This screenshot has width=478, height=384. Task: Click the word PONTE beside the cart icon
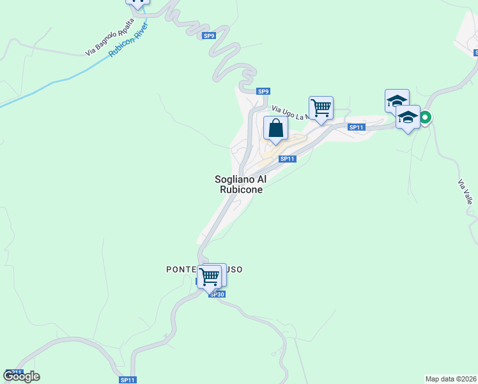tap(181, 269)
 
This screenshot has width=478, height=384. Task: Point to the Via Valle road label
tap(466, 191)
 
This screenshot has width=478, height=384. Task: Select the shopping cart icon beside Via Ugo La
tap(320, 108)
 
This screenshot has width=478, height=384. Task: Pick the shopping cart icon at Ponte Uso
tap(209, 277)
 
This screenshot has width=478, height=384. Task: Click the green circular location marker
tap(424, 117)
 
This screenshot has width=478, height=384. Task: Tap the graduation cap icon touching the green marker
tap(408, 117)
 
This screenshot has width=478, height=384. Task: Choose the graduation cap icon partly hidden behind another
tap(396, 100)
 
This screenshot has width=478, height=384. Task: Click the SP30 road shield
tap(217, 294)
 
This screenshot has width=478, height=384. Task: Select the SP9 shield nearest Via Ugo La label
tap(263, 92)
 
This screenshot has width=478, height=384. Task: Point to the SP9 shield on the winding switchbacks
tap(210, 36)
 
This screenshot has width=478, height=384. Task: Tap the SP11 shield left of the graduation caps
tap(356, 127)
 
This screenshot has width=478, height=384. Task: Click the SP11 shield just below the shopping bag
tap(288, 159)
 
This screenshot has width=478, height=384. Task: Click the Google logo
tap(22, 376)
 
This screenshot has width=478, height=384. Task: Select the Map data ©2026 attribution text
tap(451, 378)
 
